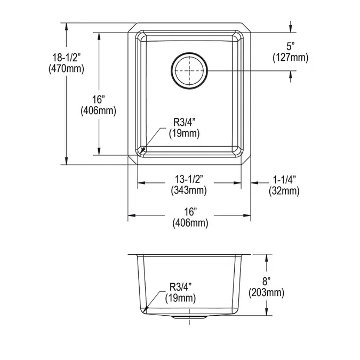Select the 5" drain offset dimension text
290,46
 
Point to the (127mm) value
290,57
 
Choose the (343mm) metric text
189,189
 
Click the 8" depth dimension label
267,280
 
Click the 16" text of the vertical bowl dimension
98,99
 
